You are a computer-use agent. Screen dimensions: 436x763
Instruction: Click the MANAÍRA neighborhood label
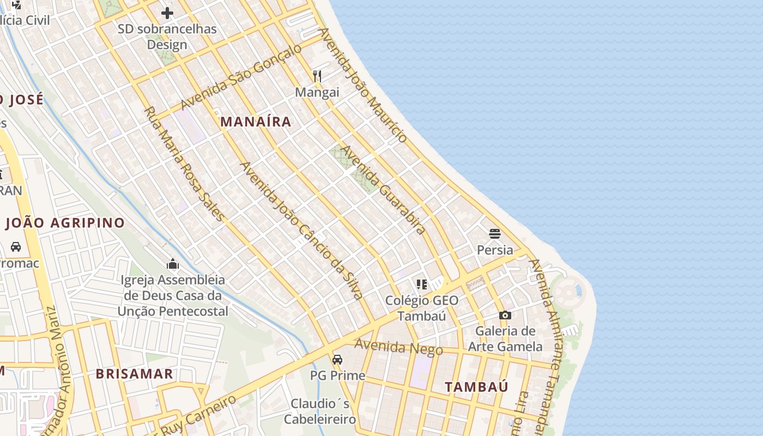point(256,122)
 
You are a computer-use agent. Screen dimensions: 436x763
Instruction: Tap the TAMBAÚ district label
point(476,387)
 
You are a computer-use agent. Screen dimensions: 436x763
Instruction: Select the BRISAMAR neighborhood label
point(134,374)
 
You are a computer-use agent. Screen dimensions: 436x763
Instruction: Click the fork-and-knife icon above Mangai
point(317,76)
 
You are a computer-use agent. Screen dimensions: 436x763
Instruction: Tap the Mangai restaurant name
point(317,92)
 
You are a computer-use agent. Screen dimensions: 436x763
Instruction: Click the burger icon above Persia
point(495,234)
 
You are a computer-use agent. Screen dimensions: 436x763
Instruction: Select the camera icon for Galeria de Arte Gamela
point(505,315)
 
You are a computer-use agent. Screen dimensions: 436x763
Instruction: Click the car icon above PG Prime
point(337,360)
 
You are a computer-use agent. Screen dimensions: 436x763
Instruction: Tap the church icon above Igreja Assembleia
point(173,264)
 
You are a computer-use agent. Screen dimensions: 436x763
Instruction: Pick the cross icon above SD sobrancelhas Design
point(167,13)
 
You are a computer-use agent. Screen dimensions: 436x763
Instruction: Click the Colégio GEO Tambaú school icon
point(421,284)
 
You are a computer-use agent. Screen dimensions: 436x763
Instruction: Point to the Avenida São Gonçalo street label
point(241,77)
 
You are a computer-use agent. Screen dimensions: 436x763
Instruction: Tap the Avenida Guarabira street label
point(383,190)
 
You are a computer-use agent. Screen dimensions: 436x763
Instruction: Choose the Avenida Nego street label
point(398,347)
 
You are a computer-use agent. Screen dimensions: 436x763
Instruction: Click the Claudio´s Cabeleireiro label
point(320,411)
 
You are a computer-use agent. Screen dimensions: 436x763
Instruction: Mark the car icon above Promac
point(16,247)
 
